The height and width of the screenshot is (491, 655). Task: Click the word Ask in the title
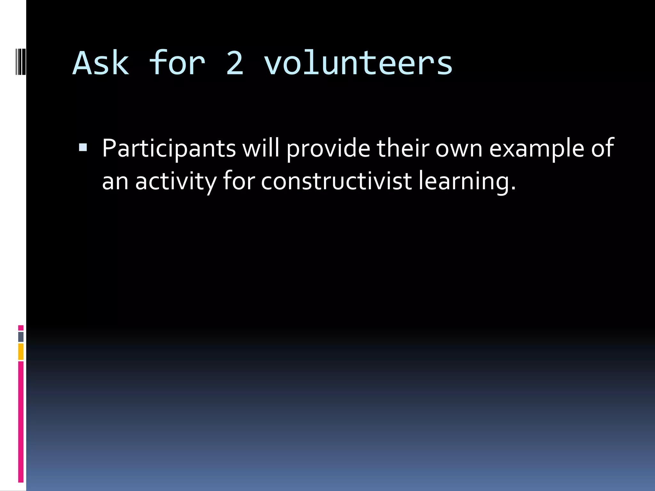[x=101, y=63]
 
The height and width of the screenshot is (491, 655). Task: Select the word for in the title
[x=177, y=63]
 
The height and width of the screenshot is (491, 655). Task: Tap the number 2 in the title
[x=235, y=63]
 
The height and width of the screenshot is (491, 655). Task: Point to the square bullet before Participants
[x=83, y=147]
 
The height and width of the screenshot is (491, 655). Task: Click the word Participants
[x=169, y=148]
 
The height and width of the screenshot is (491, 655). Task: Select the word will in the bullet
[x=261, y=148]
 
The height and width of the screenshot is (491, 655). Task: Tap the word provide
[x=328, y=148]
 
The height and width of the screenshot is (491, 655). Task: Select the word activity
[x=176, y=181]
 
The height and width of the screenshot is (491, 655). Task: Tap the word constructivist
[x=336, y=181]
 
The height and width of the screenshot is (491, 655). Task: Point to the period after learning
[x=513, y=189]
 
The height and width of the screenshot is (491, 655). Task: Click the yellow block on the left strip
[x=21, y=351]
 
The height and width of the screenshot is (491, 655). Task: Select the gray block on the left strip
[x=21, y=337]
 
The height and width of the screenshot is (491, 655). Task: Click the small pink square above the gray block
[x=21, y=328]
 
